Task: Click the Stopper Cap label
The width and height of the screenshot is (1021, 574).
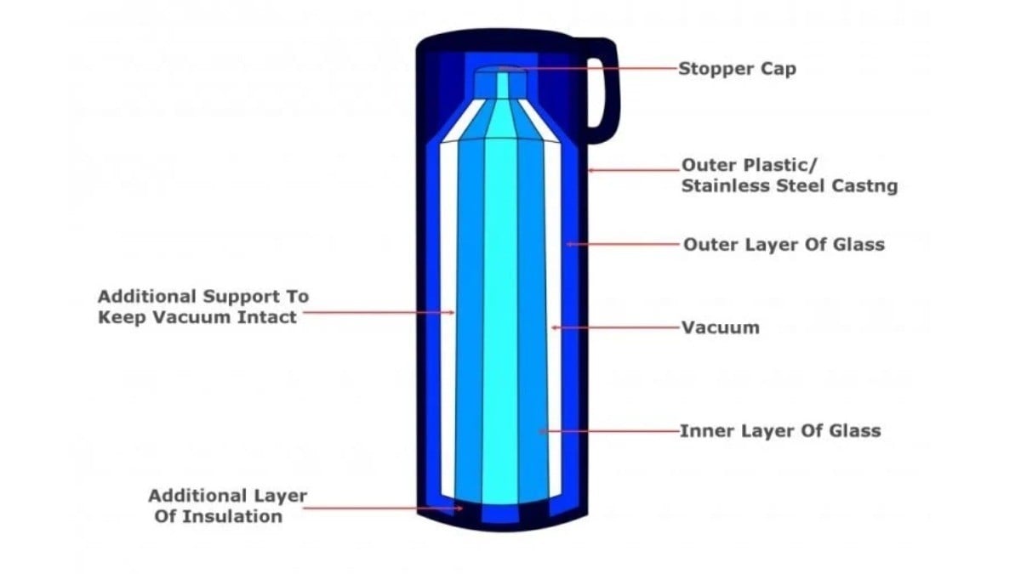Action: pos(737,69)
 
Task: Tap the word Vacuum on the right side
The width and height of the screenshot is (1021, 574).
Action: pos(721,327)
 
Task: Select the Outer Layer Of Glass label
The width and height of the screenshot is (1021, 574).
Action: pos(784,245)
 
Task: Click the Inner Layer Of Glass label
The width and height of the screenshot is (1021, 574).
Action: pos(779,430)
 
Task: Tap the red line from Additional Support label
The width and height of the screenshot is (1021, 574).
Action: pos(379,312)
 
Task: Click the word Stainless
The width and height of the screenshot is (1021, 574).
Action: pos(722,186)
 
